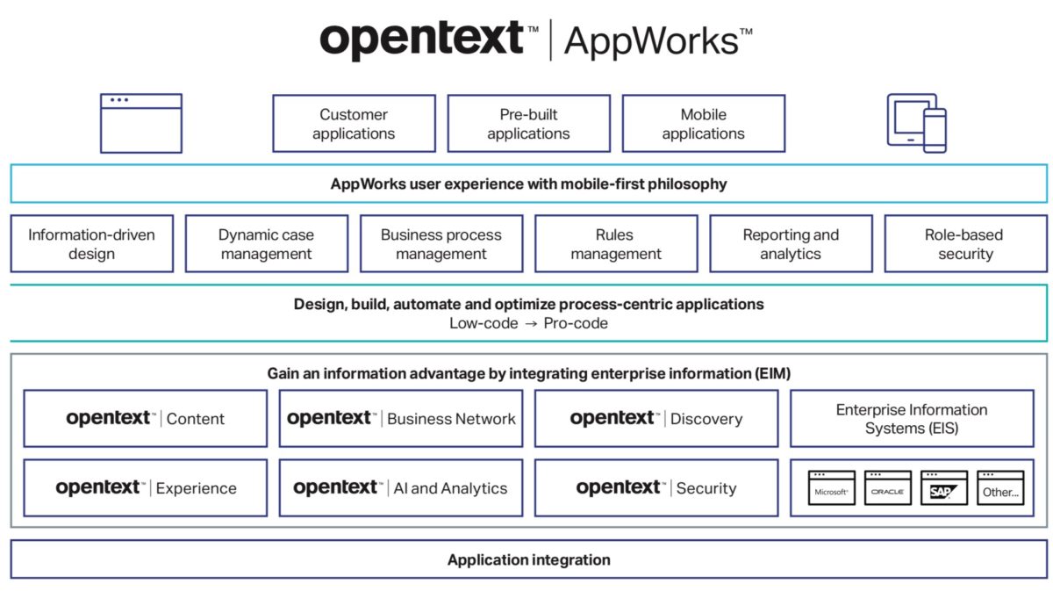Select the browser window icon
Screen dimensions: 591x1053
click(140, 123)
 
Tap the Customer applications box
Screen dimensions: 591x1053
click(354, 124)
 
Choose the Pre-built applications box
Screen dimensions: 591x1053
click(528, 124)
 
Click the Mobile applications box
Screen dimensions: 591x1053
click(703, 124)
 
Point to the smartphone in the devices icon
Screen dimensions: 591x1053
click(935, 131)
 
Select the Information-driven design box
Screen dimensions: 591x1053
click(91, 244)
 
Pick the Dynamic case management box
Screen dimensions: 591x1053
click(266, 244)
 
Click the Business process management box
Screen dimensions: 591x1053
click(441, 244)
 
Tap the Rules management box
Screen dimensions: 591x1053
click(615, 244)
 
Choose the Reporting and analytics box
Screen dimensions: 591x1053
click(791, 244)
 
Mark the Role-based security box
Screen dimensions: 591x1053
click(965, 244)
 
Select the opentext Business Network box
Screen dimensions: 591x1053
click(401, 419)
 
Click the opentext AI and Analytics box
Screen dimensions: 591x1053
click(401, 488)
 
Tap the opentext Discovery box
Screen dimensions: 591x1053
click(655, 419)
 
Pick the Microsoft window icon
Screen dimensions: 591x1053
click(831, 488)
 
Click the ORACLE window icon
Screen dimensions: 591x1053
click(887, 488)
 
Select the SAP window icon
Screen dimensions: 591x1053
click(943, 488)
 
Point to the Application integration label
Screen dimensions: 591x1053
click(528, 559)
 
